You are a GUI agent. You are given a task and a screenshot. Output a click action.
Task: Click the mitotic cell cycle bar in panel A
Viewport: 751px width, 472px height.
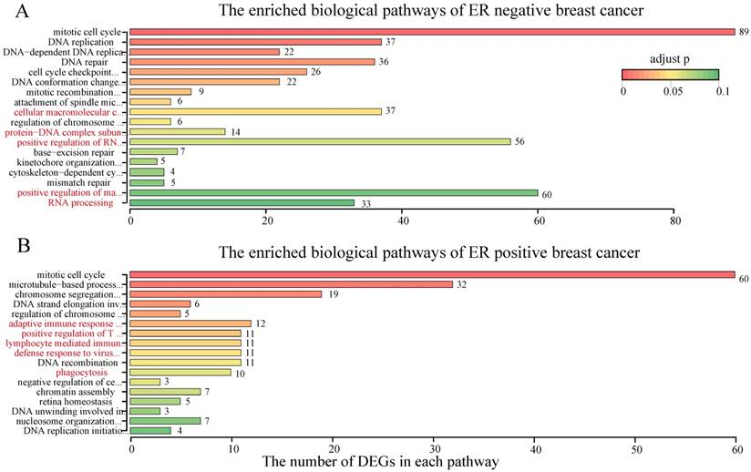click(x=432, y=32)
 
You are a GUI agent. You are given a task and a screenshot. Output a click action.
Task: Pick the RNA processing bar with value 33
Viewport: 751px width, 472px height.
click(x=242, y=203)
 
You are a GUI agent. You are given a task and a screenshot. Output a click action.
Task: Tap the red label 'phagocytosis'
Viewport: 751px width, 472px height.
click(x=81, y=372)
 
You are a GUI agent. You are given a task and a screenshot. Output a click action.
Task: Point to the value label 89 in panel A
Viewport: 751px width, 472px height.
click(x=743, y=32)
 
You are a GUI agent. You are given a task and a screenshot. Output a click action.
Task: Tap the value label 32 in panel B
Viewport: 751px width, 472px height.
click(x=461, y=284)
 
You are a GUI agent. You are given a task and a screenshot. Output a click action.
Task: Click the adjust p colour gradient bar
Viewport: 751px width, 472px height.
click(x=670, y=74)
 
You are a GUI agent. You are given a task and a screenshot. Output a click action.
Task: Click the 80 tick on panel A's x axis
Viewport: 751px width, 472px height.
click(x=674, y=220)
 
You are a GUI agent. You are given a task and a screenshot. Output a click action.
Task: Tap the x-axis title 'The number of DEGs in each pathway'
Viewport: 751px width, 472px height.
click(x=380, y=462)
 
